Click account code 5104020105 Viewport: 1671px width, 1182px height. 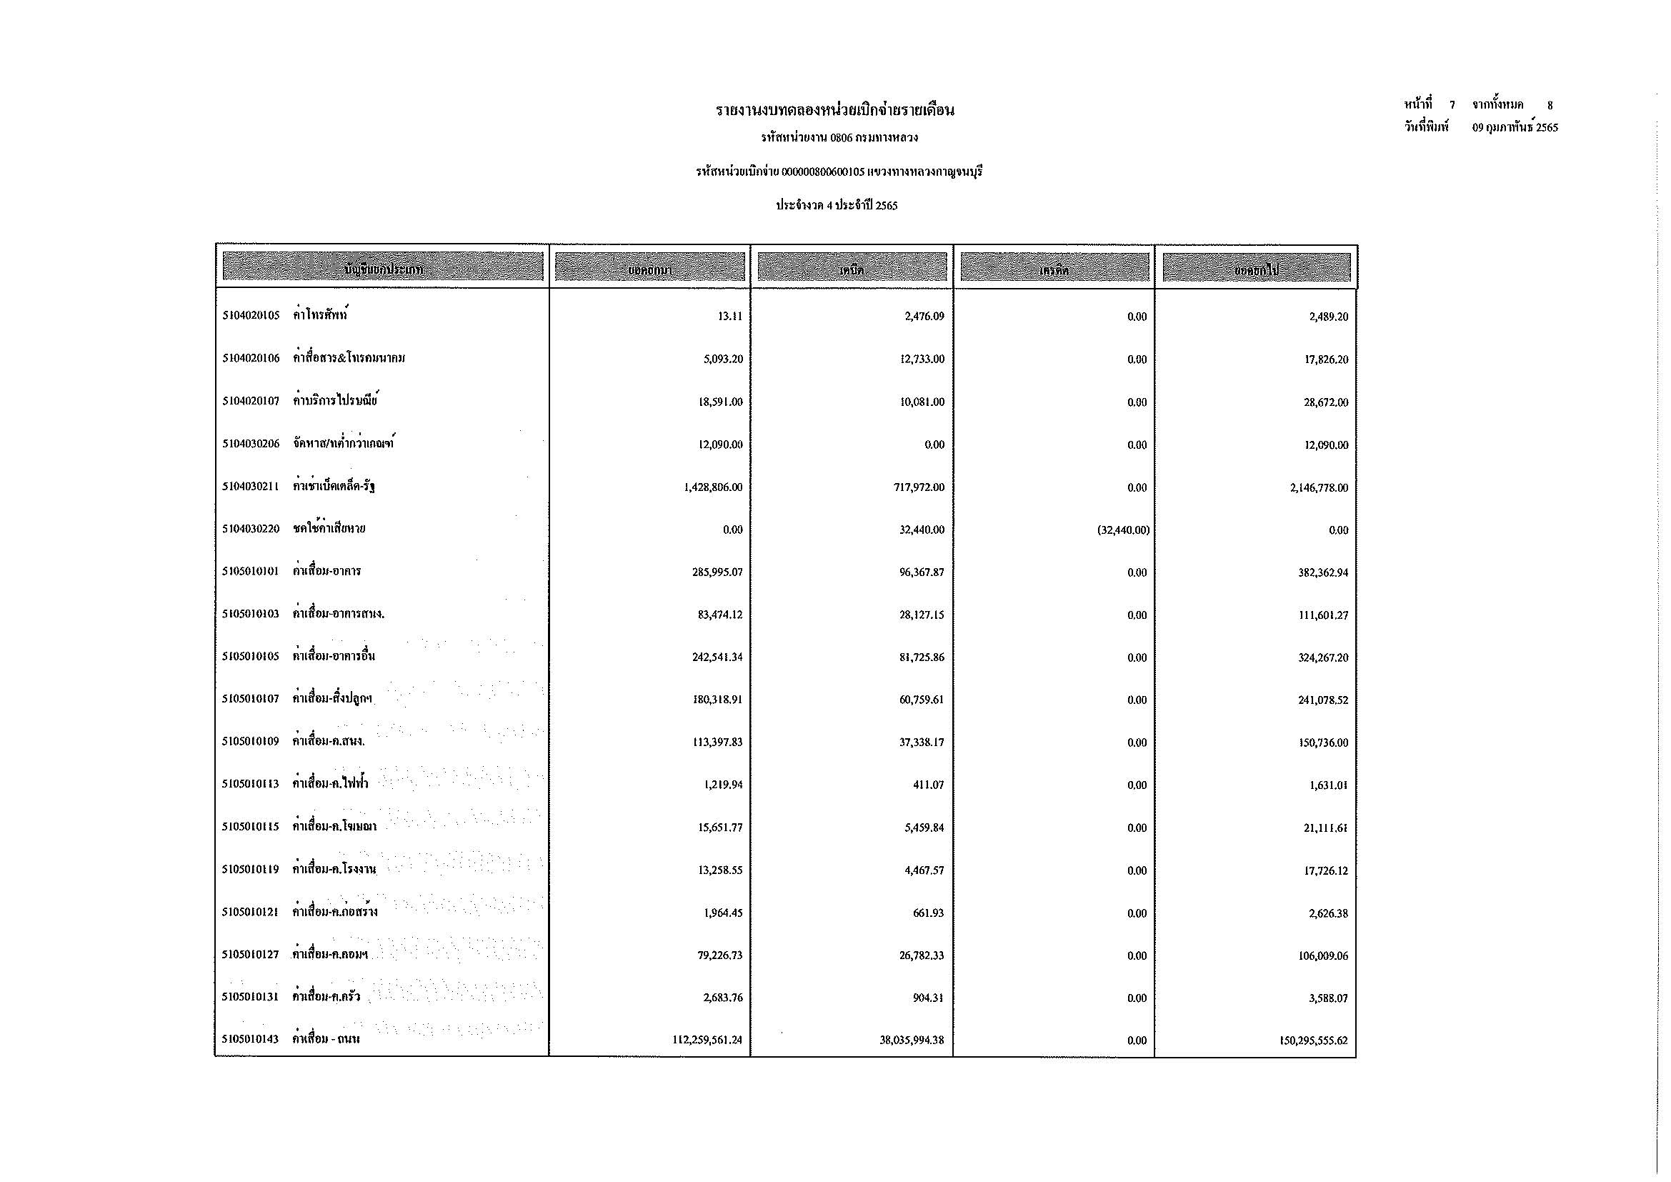pyautogui.click(x=251, y=317)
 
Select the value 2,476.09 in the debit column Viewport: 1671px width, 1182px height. pyautogui.click(x=924, y=317)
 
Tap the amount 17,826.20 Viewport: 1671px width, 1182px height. pyautogui.click(x=1326, y=359)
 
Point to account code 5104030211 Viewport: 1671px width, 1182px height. pyautogui.click(x=251, y=487)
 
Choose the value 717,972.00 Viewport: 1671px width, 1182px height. pyautogui.click(x=919, y=487)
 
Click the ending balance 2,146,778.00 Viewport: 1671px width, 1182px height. pyautogui.click(x=1319, y=487)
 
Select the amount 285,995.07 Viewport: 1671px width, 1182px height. pyautogui.click(x=717, y=573)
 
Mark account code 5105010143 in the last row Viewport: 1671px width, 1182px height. pyautogui.click(x=251, y=1041)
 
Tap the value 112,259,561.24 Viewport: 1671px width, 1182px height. pyautogui.click(x=707, y=1041)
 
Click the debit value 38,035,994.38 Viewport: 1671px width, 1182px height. pyautogui.click(x=912, y=1041)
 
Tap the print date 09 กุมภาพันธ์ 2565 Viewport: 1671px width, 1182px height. pyautogui.click(x=1515, y=127)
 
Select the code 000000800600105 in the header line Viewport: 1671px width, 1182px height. pyautogui.click(x=822, y=172)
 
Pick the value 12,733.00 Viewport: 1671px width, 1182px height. pyautogui.click(x=922, y=359)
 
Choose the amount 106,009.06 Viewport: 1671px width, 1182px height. pyautogui.click(x=1323, y=955)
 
